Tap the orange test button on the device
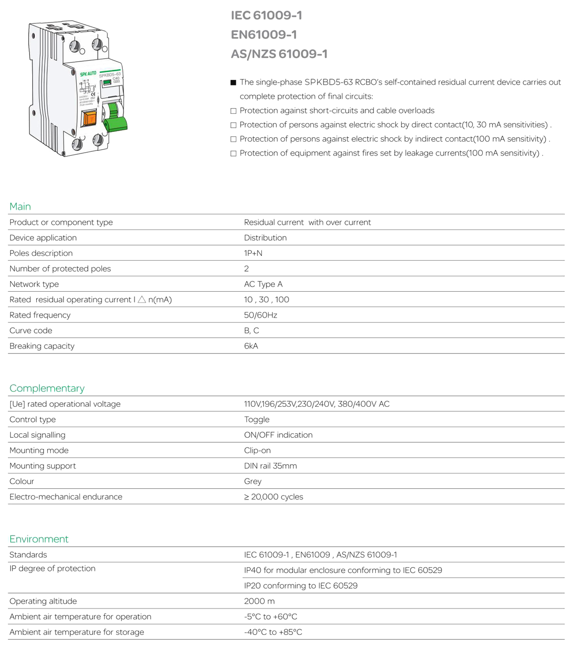(x=90, y=118)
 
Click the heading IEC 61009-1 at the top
(x=266, y=15)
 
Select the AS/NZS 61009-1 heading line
(x=279, y=54)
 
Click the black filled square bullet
(x=234, y=83)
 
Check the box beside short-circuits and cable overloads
(x=234, y=111)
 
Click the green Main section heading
(x=20, y=206)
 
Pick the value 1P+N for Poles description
(x=253, y=253)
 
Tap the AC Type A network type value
(x=263, y=284)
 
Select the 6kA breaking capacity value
(x=251, y=346)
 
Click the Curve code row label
(x=31, y=330)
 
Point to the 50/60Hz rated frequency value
(x=261, y=315)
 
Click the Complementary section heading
(x=47, y=388)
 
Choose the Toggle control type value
(x=257, y=420)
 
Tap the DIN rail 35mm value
(x=270, y=466)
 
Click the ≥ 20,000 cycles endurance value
(x=273, y=497)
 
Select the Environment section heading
(x=39, y=539)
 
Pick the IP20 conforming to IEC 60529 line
(x=301, y=586)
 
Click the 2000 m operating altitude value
(x=259, y=601)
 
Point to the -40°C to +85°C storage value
(x=273, y=632)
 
